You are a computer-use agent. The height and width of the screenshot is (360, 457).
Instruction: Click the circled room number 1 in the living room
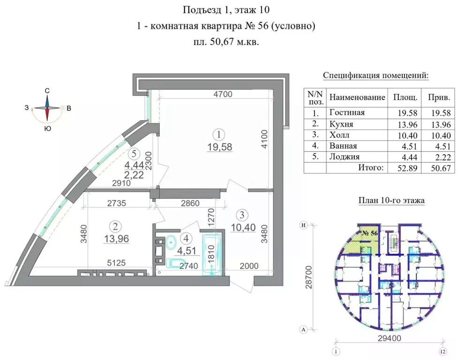219,135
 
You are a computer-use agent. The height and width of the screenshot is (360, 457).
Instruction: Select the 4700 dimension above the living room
216,94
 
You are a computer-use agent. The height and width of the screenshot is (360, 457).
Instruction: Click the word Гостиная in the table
347,112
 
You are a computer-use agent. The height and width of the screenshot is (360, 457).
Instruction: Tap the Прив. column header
439,97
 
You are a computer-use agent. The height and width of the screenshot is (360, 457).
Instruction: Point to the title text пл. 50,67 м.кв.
226,42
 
